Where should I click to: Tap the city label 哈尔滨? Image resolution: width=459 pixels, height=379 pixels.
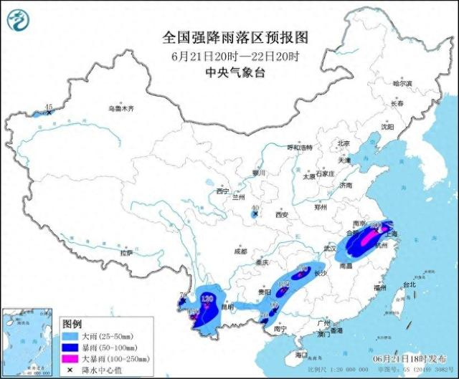(x=402, y=84)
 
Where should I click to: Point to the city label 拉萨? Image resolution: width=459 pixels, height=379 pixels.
(x=126, y=253)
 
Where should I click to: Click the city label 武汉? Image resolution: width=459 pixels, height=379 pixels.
(x=331, y=248)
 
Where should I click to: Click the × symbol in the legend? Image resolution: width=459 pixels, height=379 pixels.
(x=70, y=369)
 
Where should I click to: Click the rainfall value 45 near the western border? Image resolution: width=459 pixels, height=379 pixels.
(x=49, y=107)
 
